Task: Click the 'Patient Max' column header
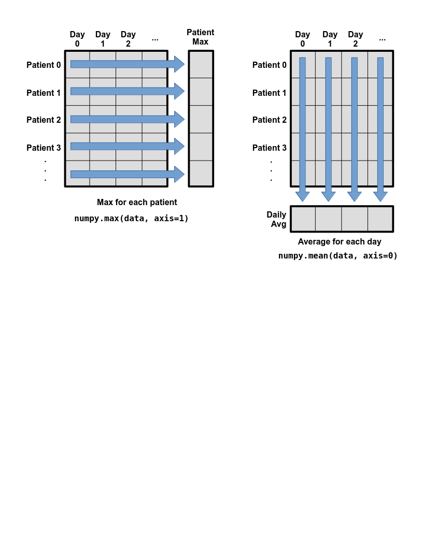click(x=200, y=37)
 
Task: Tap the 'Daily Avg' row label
click(x=276, y=219)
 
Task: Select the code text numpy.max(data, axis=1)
click(x=131, y=219)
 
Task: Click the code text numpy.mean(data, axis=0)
click(x=338, y=256)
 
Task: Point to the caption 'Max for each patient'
click(x=137, y=203)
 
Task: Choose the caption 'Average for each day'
click(x=339, y=241)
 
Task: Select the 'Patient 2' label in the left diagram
click(x=44, y=120)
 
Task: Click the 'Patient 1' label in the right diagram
click(x=269, y=93)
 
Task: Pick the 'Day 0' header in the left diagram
click(x=77, y=39)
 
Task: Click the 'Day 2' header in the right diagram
click(x=355, y=39)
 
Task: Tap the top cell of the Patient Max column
click(x=201, y=65)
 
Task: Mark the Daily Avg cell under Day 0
click(x=303, y=219)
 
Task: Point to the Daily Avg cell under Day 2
click(x=355, y=219)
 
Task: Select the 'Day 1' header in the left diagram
click(x=103, y=39)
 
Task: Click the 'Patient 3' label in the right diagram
click(x=269, y=148)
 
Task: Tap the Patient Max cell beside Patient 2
click(x=201, y=119)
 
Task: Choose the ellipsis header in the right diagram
click(x=383, y=39)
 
